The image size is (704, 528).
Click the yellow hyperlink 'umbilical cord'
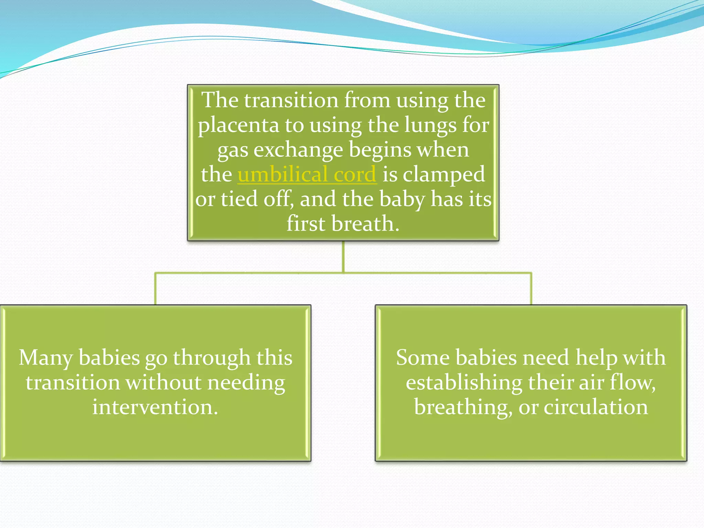(307, 174)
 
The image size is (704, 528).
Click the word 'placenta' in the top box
(238, 125)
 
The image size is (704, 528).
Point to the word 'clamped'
(444, 174)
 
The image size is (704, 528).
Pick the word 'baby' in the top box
(402, 199)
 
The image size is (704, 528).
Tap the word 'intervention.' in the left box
(155, 407)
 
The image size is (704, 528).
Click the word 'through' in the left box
(211, 358)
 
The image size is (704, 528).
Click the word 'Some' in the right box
(422, 358)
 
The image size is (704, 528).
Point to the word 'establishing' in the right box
(464, 383)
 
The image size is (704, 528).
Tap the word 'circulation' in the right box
(595, 407)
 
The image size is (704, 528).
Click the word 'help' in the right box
(596, 358)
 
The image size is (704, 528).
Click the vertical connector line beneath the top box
(343, 256)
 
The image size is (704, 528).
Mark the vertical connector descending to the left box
(155, 289)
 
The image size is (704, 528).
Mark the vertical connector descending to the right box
(531, 289)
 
